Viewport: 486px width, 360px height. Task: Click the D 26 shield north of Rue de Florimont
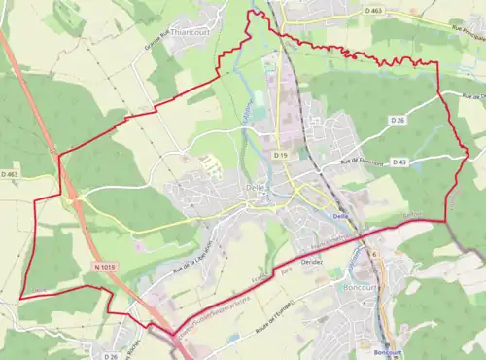click(397, 120)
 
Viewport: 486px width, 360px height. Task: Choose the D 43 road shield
click(399, 162)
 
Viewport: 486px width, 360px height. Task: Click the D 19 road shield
click(281, 155)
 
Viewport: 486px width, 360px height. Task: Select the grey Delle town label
click(256, 191)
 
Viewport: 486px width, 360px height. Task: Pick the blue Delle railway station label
click(340, 216)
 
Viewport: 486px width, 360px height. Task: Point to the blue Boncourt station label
click(387, 353)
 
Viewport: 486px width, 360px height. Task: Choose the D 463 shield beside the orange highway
click(10, 174)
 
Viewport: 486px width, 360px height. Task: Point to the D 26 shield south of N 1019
click(112, 356)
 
